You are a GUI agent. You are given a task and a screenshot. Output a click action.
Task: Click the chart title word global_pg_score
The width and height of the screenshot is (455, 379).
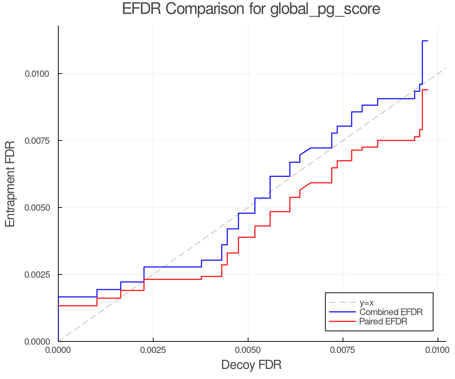click(x=325, y=9)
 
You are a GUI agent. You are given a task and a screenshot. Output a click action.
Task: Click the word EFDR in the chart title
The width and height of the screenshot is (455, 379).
click(x=142, y=9)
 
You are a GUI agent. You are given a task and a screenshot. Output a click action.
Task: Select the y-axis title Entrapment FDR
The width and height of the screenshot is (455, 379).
click(x=10, y=184)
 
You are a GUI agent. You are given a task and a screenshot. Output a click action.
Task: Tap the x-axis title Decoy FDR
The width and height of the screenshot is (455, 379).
click(x=251, y=365)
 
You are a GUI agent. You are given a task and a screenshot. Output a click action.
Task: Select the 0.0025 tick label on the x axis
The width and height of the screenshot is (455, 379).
click(x=153, y=350)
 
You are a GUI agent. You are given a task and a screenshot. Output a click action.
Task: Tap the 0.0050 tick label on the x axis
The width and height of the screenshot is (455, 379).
click(x=248, y=350)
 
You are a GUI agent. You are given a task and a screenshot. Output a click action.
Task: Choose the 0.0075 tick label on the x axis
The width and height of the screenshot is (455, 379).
click(x=343, y=350)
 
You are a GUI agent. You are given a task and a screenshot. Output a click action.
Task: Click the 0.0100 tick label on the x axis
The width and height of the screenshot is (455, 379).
click(x=438, y=350)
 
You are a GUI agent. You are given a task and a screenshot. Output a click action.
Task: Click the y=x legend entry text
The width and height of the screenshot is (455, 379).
click(x=366, y=302)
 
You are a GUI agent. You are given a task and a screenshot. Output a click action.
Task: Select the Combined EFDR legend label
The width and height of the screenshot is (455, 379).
click(x=391, y=312)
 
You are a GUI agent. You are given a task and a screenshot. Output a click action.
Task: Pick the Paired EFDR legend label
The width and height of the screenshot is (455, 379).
click(x=383, y=321)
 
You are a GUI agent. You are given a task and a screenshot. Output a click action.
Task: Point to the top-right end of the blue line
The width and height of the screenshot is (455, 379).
click(x=427, y=41)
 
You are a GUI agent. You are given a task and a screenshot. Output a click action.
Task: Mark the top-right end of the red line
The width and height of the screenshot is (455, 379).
click(x=427, y=90)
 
